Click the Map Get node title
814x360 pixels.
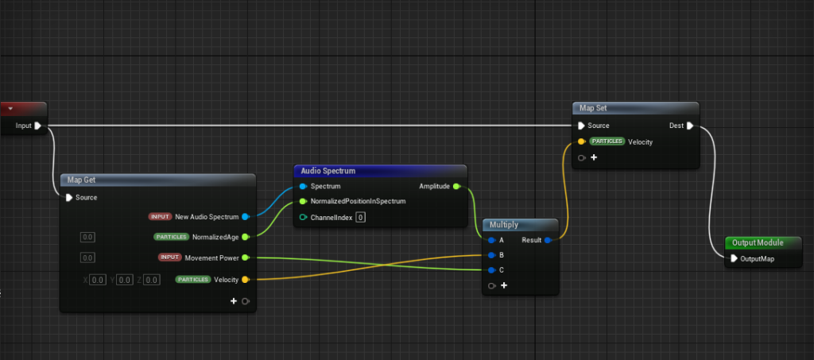tap(81, 180)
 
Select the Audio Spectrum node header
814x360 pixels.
tap(328, 171)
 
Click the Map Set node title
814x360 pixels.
tap(593, 108)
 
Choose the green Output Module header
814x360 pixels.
tap(758, 242)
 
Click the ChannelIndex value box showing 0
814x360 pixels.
tap(360, 217)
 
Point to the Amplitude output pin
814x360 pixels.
tap(455, 187)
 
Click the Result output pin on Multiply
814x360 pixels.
tap(548, 239)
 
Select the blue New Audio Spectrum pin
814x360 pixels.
tap(245, 216)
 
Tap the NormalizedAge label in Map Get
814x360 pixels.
tap(215, 237)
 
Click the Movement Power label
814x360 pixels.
tap(211, 257)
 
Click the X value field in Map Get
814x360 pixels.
tap(97, 280)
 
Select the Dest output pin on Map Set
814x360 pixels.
tap(690, 126)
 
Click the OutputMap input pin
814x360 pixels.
tap(734, 258)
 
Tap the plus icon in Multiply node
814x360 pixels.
tap(504, 285)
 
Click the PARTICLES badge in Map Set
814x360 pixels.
tap(607, 141)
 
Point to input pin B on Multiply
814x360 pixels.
tap(492, 255)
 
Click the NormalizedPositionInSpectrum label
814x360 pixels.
tap(358, 201)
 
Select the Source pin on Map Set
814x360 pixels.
tap(582, 126)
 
